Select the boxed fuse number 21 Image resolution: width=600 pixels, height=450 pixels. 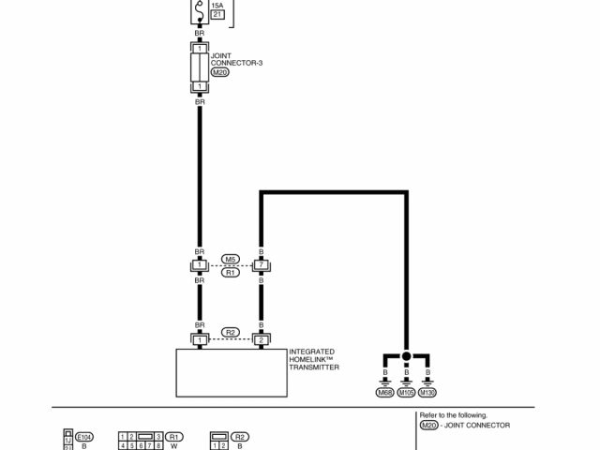217,14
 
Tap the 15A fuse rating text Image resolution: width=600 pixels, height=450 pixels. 217,5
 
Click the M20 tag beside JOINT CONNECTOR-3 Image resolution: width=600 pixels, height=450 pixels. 219,73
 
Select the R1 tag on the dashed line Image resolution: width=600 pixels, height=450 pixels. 230,273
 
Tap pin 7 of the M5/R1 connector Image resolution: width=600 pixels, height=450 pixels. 262,265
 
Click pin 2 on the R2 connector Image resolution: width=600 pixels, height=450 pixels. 262,339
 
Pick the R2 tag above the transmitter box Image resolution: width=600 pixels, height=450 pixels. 230,332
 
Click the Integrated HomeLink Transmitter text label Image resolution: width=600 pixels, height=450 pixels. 314,360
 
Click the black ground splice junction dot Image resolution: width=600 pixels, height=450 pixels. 406,357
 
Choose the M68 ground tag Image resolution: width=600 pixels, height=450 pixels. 384,392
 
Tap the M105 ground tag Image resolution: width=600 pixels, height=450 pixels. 406,392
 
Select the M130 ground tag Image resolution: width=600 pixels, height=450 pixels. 428,392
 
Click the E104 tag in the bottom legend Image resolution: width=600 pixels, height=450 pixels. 83,436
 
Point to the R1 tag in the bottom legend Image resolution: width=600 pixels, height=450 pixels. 174,436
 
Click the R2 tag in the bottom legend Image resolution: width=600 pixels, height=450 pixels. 240,436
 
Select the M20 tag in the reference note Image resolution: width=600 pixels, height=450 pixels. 428,425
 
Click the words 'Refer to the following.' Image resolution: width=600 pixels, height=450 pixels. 454,414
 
